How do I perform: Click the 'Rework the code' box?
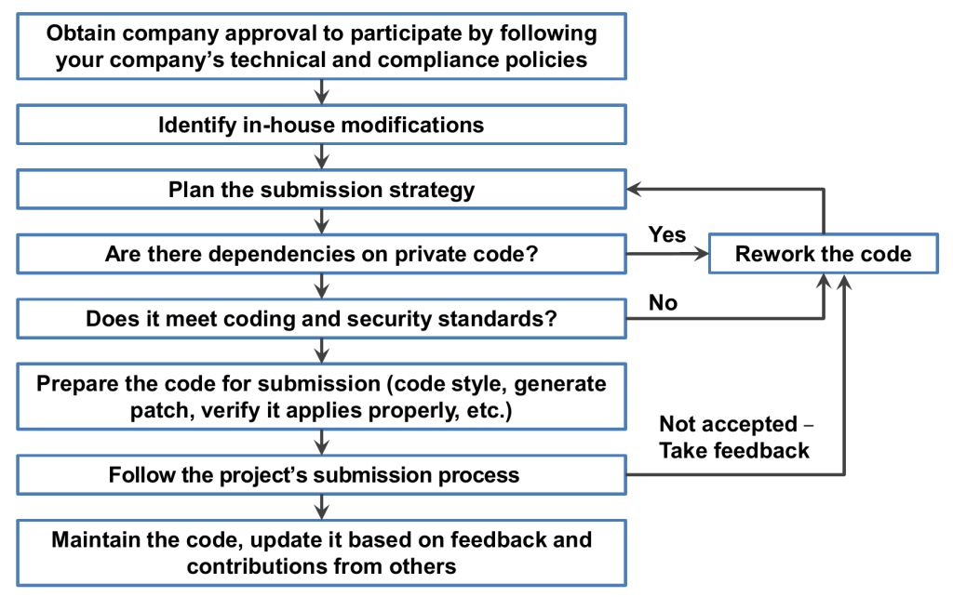click(824, 254)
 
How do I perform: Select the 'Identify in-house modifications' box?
click(321, 125)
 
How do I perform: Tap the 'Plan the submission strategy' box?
click(321, 190)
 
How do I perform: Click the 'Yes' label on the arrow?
click(667, 234)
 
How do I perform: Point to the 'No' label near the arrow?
click(663, 302)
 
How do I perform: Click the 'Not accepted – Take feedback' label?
click(734, 437)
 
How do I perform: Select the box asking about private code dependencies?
click(321, 254)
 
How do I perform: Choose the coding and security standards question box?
click(321, 319)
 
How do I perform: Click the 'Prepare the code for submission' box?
click(321, 396)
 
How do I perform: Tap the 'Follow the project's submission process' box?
click(321, 475)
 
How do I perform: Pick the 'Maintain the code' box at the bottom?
click(321, 552)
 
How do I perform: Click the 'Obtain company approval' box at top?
click(321, 46)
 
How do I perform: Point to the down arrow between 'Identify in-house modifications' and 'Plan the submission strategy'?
click(321, 157)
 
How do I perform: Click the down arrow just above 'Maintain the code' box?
click(321, 507)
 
